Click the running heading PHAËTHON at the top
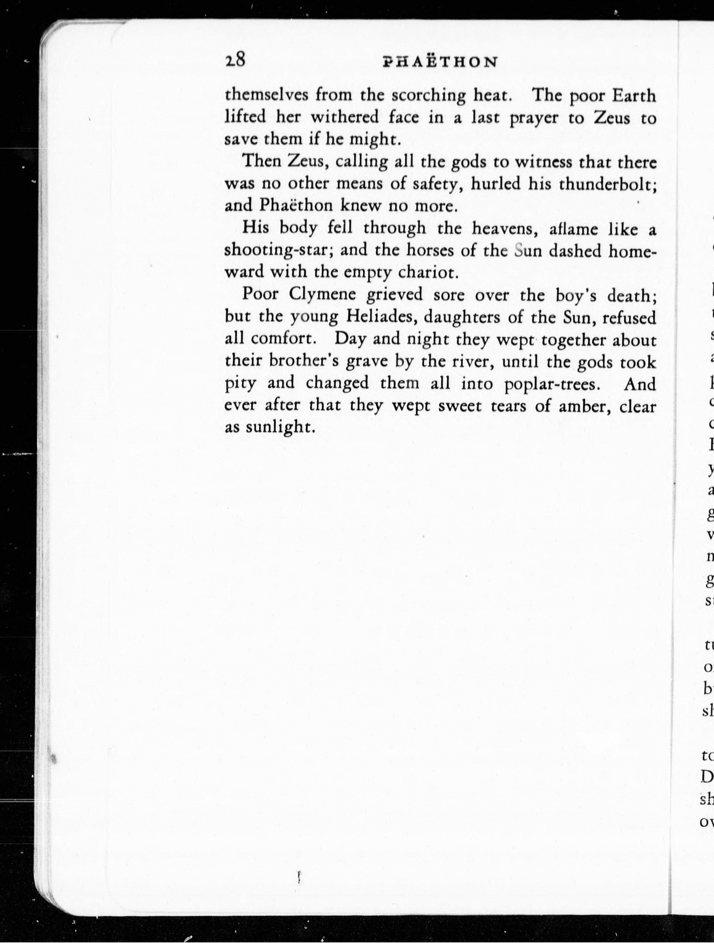click(x=440, y=62)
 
